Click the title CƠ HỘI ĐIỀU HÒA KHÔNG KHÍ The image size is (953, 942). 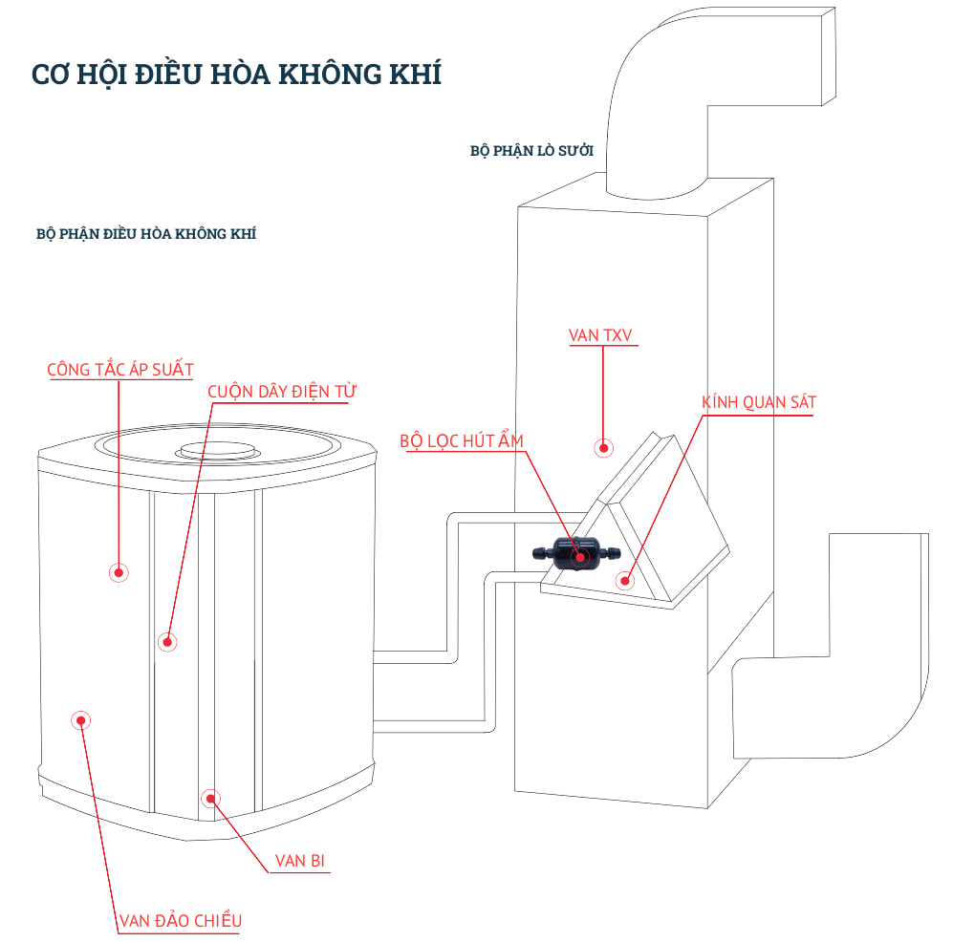coord(236,75)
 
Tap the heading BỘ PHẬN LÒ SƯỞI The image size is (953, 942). coord(531,151)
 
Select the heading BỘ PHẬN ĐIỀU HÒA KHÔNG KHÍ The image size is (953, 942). coord(145,233)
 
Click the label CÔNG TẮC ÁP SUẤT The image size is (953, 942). coord(120,369)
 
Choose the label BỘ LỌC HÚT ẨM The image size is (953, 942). coord(462,440)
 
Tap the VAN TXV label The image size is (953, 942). coord(600,335)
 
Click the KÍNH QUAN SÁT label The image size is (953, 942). coord(759,402)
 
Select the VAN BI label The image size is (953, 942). coord(300,861)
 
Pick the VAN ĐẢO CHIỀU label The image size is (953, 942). coord(180,921)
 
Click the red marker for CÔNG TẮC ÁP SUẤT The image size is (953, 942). coord(119,572)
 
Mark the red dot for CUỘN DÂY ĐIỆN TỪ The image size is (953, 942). coord(168,641)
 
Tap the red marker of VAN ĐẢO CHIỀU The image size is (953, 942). coord(81,720)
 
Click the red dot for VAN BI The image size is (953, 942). coord(210,797)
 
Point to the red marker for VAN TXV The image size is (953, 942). coord(603,446)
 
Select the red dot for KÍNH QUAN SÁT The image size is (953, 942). coord(626,579)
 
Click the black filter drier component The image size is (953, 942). coord(579,554)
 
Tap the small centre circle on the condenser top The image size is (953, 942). coord(216,451)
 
